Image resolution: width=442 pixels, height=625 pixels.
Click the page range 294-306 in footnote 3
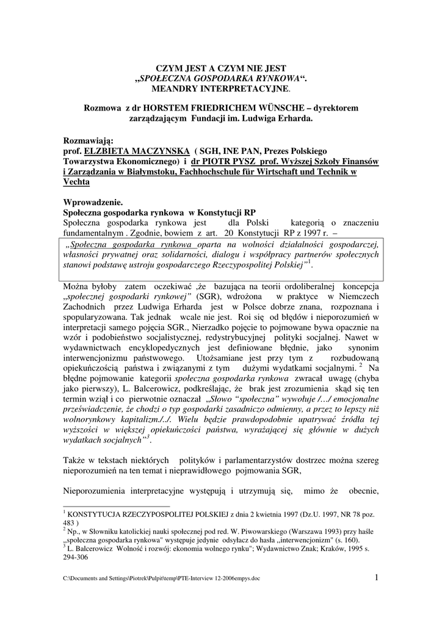78,557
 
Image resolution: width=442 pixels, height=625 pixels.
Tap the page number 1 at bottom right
377,577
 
